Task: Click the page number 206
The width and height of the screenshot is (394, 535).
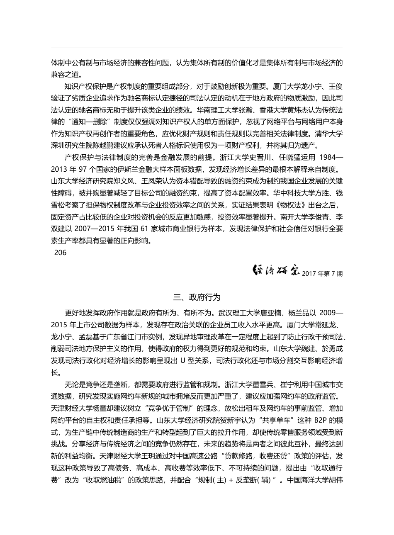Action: point(61,252)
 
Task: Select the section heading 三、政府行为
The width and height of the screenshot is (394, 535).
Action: point(197,297)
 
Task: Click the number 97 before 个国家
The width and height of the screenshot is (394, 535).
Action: point(82,169)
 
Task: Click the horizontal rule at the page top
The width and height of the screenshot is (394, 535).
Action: point(197,48)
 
